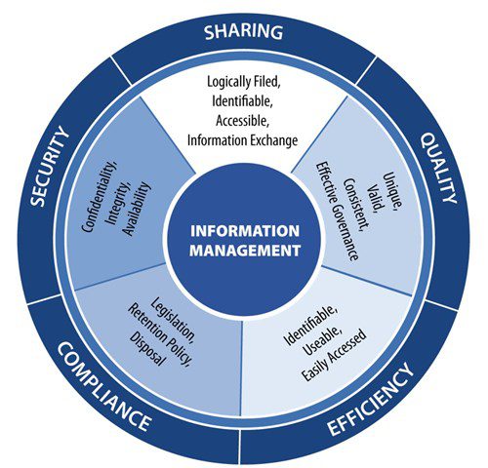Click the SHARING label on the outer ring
point(243,31)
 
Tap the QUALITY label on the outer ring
point(439,168)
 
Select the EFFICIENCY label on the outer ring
point(370,399)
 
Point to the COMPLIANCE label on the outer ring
point(104,387)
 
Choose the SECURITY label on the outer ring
point(50,167)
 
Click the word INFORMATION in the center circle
point(245,231)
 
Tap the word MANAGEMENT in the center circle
point(245,251)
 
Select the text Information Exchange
point(242,140)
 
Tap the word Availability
point(137,209)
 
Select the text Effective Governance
point(338,211)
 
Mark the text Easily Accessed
point(334,355)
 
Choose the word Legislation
point(173,321)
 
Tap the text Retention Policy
point(159,334)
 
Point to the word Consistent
point(357,205)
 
